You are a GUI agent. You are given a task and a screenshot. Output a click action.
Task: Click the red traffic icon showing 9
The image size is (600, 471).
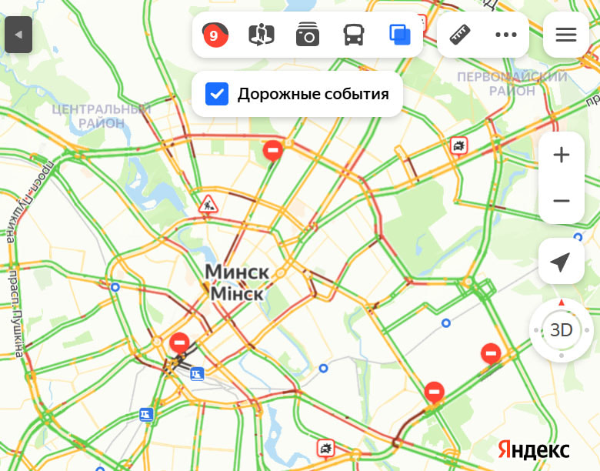click(215, 35)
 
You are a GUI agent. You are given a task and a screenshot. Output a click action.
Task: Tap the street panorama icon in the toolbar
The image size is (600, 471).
click(262, 35)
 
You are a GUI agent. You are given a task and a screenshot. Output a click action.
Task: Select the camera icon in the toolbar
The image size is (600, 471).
click(308, 35)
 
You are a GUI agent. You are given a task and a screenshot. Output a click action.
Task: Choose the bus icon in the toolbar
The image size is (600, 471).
click(354, 35)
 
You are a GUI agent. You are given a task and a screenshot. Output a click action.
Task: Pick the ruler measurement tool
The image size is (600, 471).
click(460, 35)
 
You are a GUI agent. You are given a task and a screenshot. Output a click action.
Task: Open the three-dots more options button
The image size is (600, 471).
click(506, 35)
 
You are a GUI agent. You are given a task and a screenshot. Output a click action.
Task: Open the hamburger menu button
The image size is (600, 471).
click(566, 35)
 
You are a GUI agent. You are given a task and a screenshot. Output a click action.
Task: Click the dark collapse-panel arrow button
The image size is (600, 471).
click(18, 35)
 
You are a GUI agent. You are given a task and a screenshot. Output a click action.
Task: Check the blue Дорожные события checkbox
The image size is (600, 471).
click(217, 95)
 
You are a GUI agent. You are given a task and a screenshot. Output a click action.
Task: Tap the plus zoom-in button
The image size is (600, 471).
click(562, 155)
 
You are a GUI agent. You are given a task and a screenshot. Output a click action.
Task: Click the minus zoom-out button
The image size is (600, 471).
click(562, 201)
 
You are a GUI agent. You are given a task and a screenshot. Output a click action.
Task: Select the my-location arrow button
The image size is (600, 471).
click(562, 262)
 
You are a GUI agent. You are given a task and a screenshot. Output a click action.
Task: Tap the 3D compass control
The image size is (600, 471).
click(562, 331)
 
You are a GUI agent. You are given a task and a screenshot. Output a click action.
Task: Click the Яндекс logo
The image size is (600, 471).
click(534, 449)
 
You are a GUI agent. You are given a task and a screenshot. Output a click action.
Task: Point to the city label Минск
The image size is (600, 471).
click(237, 272)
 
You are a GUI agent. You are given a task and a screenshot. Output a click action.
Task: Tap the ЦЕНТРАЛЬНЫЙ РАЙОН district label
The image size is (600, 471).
click(102, 115)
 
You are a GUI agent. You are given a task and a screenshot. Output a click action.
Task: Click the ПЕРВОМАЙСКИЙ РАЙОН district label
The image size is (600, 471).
click(512, 84)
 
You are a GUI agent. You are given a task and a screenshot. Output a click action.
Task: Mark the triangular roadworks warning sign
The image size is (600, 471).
click(208, 205)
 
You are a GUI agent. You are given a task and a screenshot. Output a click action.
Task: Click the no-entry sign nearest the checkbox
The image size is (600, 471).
click(273, 149)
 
